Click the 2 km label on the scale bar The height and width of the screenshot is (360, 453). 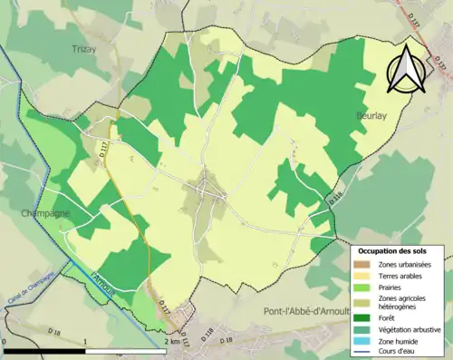tap(173, 343)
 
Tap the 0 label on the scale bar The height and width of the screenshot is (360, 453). tap(5, 343)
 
